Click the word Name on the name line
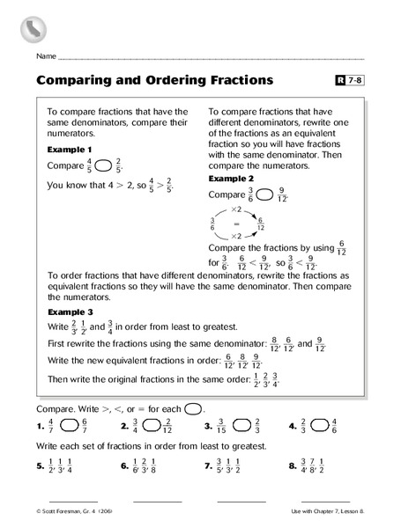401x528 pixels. [x=46, y=55]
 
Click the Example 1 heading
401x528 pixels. [x=69, y=150]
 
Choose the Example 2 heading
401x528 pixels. [x=230, y=178]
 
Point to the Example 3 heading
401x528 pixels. [x=69, y=312]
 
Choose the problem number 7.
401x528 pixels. [x=208, y=469]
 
